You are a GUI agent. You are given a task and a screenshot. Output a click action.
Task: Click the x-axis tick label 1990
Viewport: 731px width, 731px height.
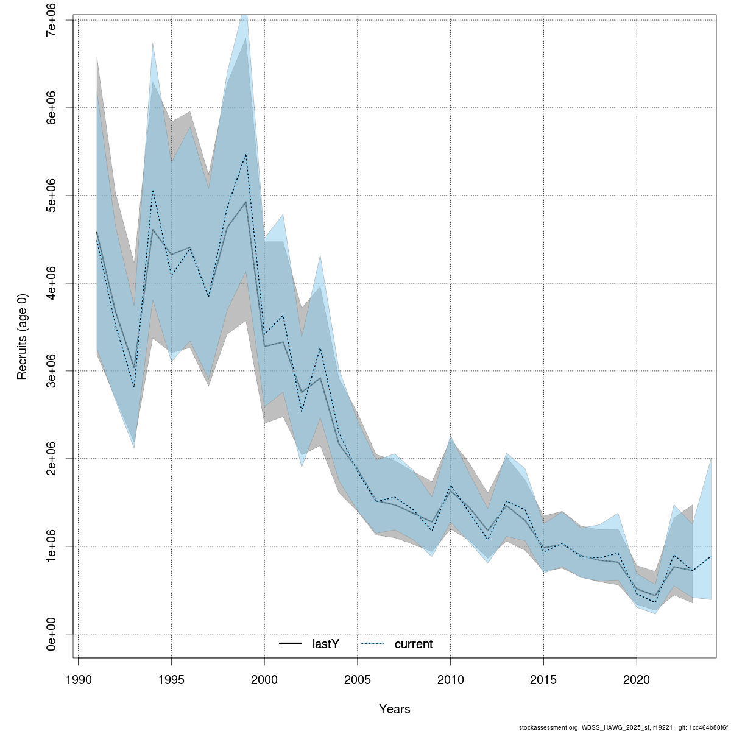pyautogui.click(x=78, y=679)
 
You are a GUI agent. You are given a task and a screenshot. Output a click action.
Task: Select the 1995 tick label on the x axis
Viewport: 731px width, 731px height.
pyautogui.click(x=171, y=679)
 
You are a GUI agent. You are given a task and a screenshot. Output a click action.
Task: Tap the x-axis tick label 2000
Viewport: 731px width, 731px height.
pyautogui.click(x=264, y=679)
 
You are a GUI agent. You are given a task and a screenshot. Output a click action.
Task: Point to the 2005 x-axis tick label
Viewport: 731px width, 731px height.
pyautogui.click(x=358, y=679)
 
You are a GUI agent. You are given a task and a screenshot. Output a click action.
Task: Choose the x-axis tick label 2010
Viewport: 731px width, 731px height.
pyautogui.click(x=451, y=679)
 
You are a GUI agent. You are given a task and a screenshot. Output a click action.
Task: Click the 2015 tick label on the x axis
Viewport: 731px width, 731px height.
pyautogui.click(x=544, y=679)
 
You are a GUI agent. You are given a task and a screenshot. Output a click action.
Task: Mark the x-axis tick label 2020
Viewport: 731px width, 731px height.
pyautogui.click(x=637, y=679)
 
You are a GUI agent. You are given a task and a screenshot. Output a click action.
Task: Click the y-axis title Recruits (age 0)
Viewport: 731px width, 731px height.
pyautogui.click(x=23, y=337)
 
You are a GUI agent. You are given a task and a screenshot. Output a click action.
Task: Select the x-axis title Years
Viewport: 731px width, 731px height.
pyautogui.click(x=395, y=709)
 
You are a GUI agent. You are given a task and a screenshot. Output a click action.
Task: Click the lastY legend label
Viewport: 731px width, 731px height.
pyautogui.click(x=325, y=644)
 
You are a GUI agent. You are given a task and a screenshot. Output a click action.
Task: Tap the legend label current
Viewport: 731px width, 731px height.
pyautogui.click(x=414, y=644)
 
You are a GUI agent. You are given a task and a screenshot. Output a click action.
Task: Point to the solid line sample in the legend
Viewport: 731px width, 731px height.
pyautogui.click(x=291, y=644)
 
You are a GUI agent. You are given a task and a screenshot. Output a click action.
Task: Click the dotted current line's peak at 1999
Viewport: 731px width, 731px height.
pyautogui.click(x=245, y=154)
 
